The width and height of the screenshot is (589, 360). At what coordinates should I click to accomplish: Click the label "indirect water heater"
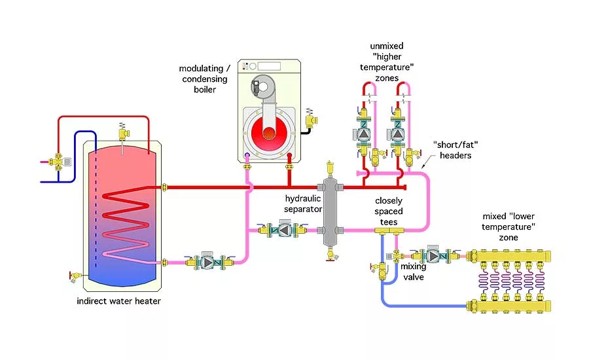[118, 301]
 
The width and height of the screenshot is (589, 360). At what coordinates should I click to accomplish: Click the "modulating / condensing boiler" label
[203, 79]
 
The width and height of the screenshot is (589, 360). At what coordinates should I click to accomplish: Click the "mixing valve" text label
[414, 272]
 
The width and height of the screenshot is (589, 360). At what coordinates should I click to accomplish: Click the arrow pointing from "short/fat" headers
[425, 164]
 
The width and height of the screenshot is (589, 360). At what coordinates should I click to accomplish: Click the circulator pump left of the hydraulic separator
[285, 230]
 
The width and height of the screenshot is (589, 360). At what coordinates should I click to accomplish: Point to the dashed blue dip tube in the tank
[95, 209]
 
